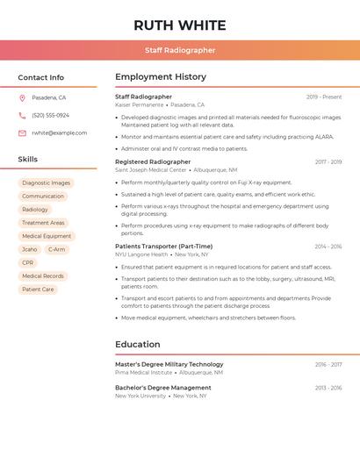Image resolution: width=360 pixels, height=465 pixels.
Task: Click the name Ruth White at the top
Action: tap(180, 25)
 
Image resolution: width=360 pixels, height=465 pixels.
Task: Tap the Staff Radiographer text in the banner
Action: tap(180, 50)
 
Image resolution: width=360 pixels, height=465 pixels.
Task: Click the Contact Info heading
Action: tap(40, 77)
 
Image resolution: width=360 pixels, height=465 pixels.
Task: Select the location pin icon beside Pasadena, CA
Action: tap(22, 98)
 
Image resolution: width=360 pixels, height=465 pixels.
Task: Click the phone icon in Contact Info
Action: tap(22, 116)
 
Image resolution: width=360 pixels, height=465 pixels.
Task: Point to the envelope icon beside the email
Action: tap(22, 133)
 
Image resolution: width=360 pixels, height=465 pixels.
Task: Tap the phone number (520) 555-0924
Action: tap(50, 116)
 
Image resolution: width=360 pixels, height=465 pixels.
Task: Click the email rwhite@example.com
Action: tap(59, 133)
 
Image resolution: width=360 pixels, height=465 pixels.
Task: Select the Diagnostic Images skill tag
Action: tap(46, 183)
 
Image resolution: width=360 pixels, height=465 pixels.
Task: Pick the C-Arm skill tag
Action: tap(56, 249)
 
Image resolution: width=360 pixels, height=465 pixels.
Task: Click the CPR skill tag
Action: tap(28, 262)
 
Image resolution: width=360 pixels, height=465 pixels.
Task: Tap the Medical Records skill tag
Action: tap(43, 275)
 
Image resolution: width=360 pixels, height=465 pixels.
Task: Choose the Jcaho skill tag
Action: tap(30, 249)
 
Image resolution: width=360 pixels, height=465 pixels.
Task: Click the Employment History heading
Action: tap(161, 77)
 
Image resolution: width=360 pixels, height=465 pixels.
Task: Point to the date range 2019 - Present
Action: tap(324, 97)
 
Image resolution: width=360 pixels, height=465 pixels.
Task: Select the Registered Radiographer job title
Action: tap(153, 161)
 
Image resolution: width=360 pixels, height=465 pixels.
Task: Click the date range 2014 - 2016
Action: tap(328, 247)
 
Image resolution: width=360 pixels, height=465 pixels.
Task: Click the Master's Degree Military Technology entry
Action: tap(169, 364)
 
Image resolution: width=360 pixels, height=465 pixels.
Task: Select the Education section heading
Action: tap(138, 345)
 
